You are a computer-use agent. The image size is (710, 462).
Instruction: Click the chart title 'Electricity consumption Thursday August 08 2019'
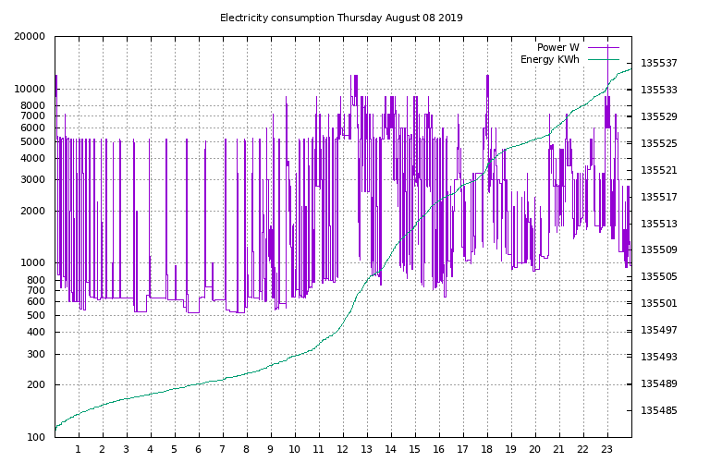[341, 18]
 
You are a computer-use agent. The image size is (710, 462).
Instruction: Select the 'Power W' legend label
[557, 47]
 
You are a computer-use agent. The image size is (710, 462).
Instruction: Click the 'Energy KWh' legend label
[549, 60]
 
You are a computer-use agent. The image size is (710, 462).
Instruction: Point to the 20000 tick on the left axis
[31, 37]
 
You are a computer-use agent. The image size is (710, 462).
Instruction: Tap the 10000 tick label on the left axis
[31, 90]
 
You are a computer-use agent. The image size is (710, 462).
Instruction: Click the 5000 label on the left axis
[33, 142]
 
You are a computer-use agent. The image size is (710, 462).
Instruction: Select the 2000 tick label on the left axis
[33, 211]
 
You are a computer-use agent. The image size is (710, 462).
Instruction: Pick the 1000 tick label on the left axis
[33, 263]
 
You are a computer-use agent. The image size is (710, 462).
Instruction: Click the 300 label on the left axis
[36, 354]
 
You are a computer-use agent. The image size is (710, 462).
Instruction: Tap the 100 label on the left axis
[36, 437]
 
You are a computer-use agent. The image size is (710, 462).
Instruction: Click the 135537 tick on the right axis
[659, 64]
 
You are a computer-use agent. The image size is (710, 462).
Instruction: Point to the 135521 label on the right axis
[659, 171]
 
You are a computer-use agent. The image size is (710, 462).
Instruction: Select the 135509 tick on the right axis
[659, 249]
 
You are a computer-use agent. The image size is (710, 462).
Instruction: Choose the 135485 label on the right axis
[659, 410]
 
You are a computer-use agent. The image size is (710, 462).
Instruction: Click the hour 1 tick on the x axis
[79, 450]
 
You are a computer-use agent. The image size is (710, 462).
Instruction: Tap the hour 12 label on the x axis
[343, 450]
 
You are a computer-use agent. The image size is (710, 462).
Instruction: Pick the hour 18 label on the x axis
[487, 450]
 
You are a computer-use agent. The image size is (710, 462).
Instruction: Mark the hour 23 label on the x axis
[607, 450]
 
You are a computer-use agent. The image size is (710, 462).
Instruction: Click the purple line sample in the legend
[601, 47]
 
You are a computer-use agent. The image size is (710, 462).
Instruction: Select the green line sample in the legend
[601, 60]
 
